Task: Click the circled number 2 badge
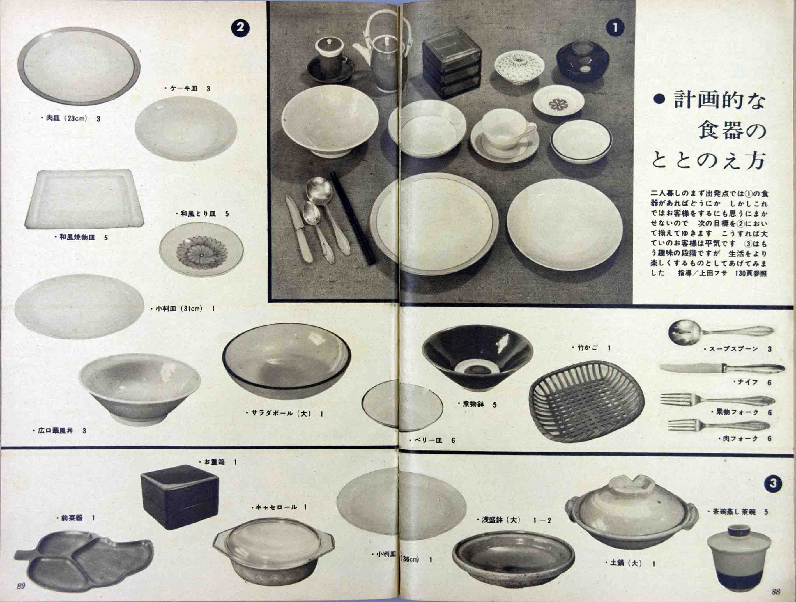(240, 28)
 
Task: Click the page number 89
(21, 585)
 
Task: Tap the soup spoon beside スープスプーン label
(721, 332)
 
